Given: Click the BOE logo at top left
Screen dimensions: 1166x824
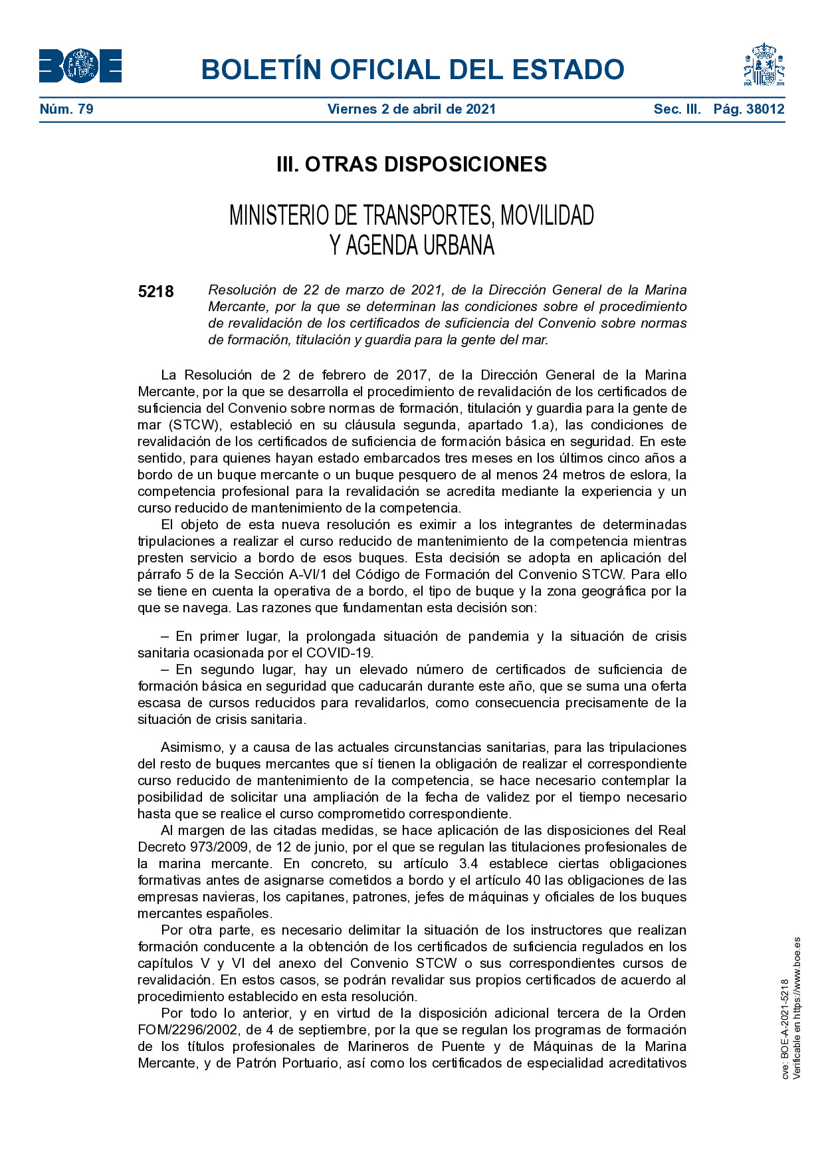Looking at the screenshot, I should (80, 66).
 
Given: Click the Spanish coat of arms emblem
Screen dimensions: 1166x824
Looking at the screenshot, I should (764, 65).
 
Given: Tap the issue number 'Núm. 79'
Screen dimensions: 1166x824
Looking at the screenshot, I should (66, 109).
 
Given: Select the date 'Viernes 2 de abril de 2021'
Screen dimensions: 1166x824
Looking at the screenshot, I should (411, 109).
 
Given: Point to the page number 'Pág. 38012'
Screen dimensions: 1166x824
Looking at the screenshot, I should (749, 109).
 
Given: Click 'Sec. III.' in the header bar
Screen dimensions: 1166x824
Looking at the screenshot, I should (676, 109).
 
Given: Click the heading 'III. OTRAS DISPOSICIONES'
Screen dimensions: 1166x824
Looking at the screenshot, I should (411, 164).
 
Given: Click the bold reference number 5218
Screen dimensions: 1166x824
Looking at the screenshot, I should (156, 292).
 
